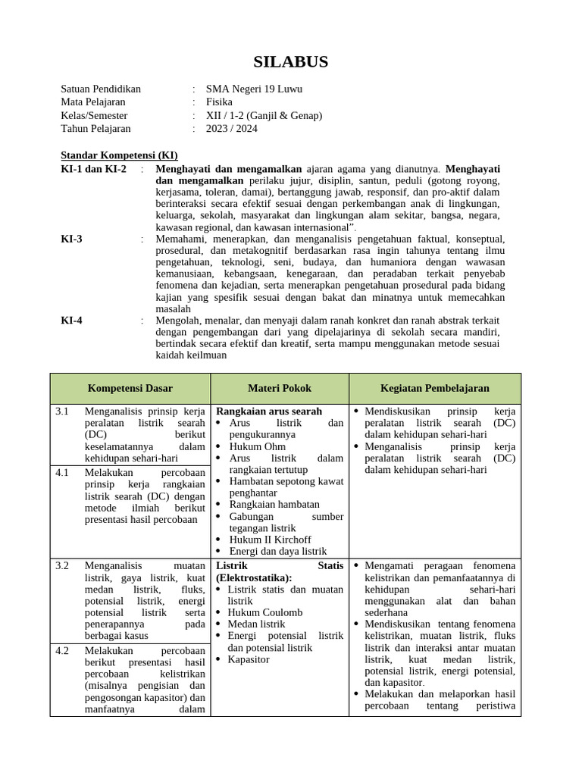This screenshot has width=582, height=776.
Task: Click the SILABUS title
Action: pos(291,62)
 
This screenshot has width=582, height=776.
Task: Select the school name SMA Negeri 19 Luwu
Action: pos(254,89)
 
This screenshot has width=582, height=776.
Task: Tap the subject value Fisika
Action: pos(219,102)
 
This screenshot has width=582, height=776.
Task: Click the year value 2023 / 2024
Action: pos(231,129)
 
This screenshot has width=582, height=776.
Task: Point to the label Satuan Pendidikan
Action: pos(101,89)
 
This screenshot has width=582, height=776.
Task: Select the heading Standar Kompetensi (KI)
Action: pos(119,155)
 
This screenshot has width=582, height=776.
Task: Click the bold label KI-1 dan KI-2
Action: pos(94,168)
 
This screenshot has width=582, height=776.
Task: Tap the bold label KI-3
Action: pos(72,239)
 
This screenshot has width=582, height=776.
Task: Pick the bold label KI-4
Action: pos(72,321)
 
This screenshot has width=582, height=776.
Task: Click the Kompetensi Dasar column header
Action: pos(130,388)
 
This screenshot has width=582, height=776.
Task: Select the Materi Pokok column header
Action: pos(280,388)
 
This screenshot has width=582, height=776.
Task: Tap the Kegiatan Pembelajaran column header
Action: pos(434,388)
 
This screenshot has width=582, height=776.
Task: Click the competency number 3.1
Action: pos(62,411)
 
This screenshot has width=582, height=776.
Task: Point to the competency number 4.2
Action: pos(62,651)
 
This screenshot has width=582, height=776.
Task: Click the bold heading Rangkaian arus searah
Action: pos(269,411)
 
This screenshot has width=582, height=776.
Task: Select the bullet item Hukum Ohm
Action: pos(257,447)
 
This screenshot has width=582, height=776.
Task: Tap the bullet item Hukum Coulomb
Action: pos(265,612)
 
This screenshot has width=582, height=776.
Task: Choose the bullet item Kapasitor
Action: pos(249,660)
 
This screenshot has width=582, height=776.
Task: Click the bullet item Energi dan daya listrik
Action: pos(277,552)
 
